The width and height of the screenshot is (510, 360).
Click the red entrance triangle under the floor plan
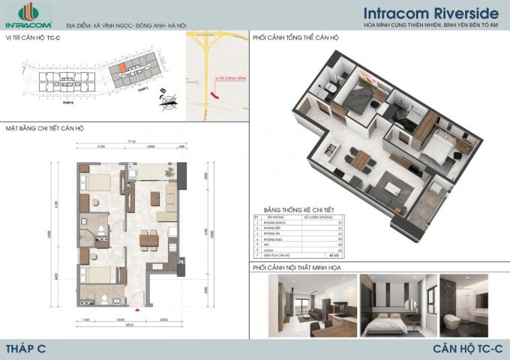pyautogui.click(x=136, y=308)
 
